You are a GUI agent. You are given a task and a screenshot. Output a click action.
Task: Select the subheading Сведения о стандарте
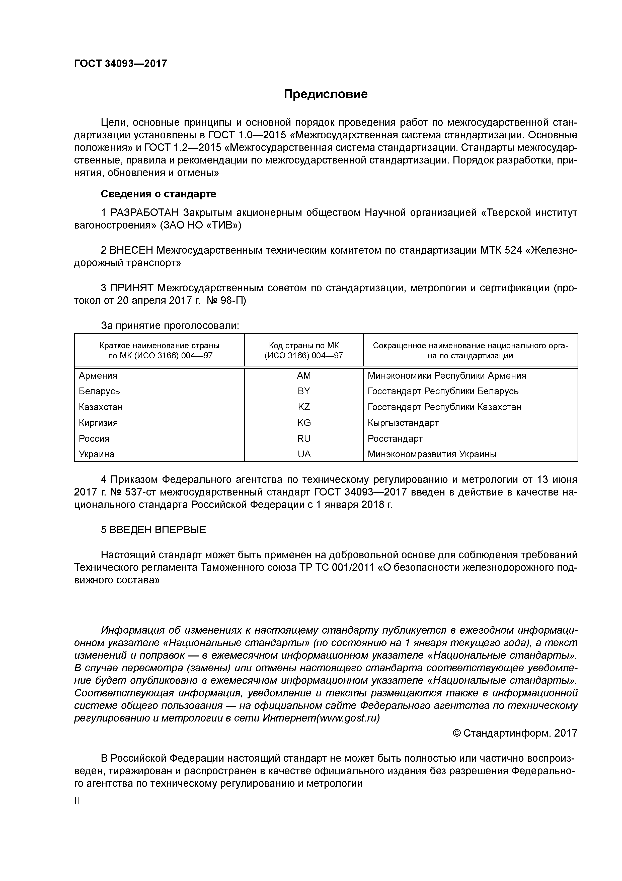pos(158,194)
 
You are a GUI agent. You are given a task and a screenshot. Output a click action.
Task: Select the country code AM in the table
pos(303,376)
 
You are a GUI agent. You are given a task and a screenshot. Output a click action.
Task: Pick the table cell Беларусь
pos(99,391)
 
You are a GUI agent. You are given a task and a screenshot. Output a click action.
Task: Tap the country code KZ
pos(303,407)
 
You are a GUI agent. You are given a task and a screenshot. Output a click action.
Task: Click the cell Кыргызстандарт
pos(403,423)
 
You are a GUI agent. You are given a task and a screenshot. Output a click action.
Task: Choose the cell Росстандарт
pos(395,438)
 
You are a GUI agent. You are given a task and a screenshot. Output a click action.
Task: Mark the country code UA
pos(303,454)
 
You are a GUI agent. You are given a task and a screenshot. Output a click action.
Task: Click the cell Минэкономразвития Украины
pos(432,454)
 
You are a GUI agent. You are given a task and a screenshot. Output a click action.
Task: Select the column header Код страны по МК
pos(303,346)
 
